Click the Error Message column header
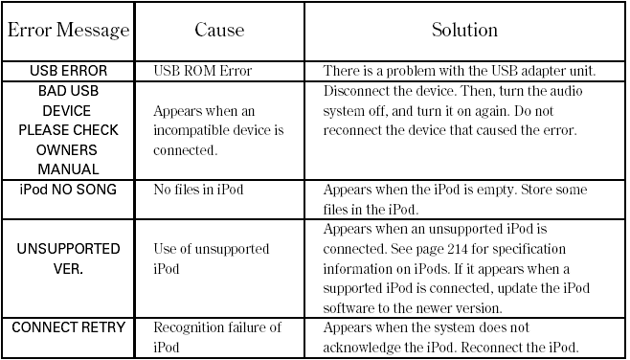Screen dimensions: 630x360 (x=68, y=31)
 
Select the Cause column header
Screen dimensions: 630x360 (x=219, y=31)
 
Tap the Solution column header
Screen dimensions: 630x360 (x=464, y=31)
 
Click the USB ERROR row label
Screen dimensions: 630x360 (x=68, y=72)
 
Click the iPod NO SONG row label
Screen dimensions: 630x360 (x=68, y=190)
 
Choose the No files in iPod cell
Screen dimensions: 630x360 (x=198, y=190)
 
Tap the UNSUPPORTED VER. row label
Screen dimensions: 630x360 (x=68, y=259)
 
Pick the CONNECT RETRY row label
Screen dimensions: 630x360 (x=68, y=328)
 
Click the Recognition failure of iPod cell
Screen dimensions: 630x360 (x=217, y=337)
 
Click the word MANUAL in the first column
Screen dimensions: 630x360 (x=68, y=169)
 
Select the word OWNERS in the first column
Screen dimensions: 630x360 (x=68, y=149)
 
